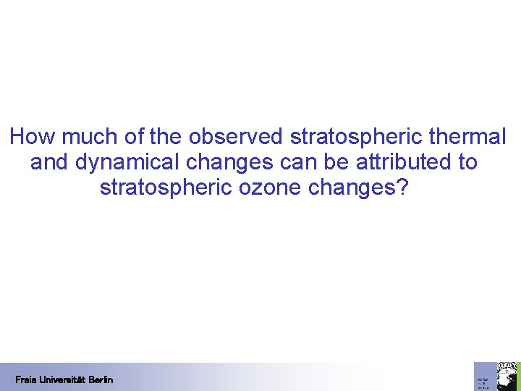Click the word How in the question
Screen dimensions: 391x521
click(x=27, y=136)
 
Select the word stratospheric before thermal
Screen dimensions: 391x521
click(x=360, y=136)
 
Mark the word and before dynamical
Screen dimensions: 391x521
click(x=48, y=162)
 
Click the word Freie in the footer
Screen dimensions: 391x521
click(x=25, y=379)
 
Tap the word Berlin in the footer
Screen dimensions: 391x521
click(x=102, y=379)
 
